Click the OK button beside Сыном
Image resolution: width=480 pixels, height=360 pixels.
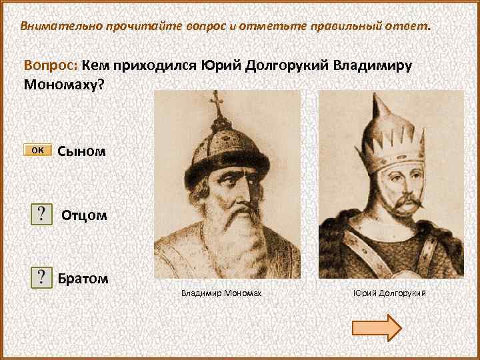click(x=37, y=150)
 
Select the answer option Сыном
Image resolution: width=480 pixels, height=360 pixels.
click(x=81, y=151)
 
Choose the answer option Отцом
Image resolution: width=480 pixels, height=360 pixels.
click(x=84, y=215)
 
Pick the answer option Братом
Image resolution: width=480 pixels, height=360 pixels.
click(x=83, y=277)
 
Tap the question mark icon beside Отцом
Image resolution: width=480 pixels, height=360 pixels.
click(x=43, y=215)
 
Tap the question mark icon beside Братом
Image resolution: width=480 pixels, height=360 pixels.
click(x=43, y=277)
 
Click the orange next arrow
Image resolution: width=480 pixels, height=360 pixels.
click(x=376, y=327)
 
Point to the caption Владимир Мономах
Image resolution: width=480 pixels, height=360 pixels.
click(x=221, y=293)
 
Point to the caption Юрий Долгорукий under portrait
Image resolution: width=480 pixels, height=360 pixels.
click(x=389, y=293)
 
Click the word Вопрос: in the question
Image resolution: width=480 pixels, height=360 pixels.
click(x=51, y=67)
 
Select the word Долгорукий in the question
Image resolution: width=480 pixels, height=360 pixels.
click(x=285, y=67)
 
